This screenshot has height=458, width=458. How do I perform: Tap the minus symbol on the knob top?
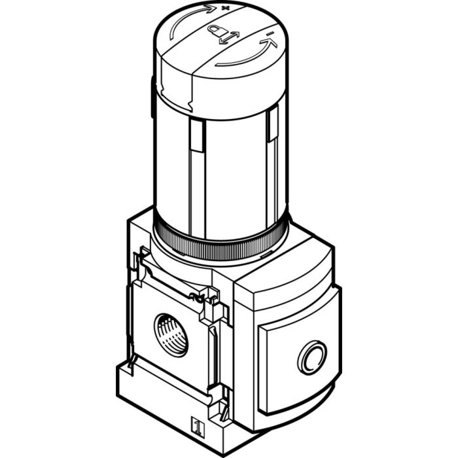[x=270, y=32]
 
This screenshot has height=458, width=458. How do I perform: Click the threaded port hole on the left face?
[x=171, y=334]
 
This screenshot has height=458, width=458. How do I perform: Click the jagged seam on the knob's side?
[x=189, y=98]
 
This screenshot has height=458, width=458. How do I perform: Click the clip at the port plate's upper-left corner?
[x=141, y=262]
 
